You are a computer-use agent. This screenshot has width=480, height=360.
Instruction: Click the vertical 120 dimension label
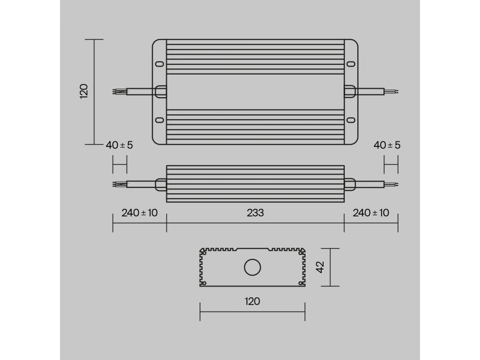coord(84,91)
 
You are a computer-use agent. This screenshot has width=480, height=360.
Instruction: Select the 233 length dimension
coord(255,213)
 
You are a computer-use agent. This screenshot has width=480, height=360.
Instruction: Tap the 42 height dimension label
coord(320,267)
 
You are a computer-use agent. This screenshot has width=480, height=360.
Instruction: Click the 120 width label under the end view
coord(252,302)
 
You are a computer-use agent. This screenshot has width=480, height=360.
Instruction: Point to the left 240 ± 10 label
coord(140,213)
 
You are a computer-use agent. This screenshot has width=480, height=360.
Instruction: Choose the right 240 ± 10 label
coord(371,213)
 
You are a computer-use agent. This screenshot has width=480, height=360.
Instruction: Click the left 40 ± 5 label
coord(119,145)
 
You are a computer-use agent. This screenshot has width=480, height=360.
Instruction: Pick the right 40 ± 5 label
coord(387,145)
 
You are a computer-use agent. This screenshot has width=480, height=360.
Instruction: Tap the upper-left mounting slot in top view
coord(160,64)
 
